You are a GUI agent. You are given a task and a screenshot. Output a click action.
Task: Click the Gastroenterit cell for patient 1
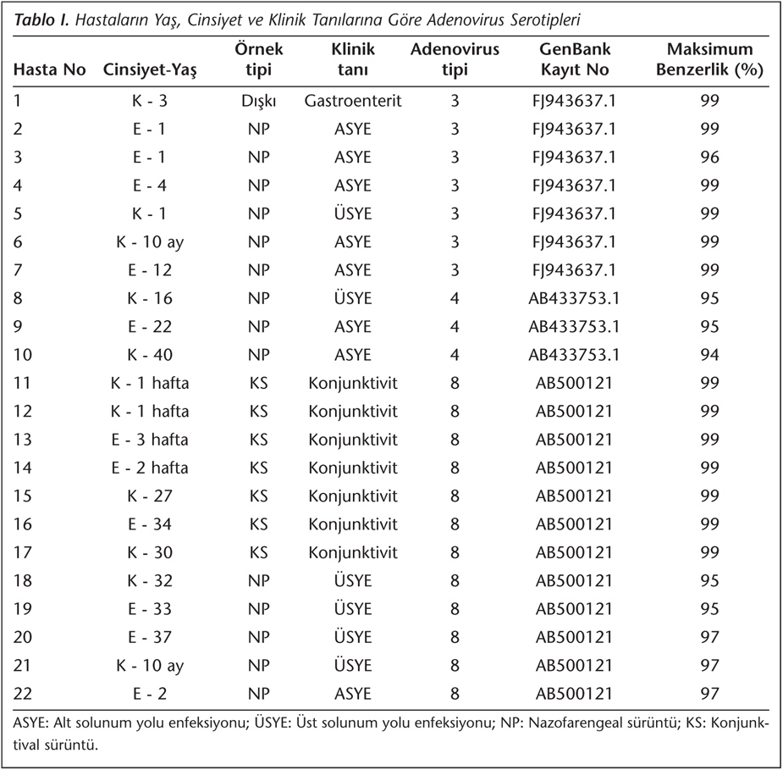coord(352,101)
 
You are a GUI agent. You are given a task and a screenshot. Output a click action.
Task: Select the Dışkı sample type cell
coord(259,102)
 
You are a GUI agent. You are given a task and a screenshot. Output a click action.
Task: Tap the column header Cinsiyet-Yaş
coord(150,70)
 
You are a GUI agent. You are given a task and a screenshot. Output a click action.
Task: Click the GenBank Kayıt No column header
coord(575,59)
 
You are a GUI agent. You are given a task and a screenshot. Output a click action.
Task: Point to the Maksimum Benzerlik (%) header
coord(709,59)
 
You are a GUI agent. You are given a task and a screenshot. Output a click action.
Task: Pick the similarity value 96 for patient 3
coord(709,158)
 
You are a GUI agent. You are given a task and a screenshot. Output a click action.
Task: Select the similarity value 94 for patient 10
coord(709,355)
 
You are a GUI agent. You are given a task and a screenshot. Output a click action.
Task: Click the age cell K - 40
coord(150,355)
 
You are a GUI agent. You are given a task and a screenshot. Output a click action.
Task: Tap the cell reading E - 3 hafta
coord(150,440)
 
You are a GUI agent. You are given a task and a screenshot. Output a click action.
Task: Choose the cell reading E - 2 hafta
coord(150,468)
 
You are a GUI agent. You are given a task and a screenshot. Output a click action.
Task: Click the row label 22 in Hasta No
coord(23,694)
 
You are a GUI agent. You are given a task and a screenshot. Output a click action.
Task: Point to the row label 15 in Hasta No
coord(23,496)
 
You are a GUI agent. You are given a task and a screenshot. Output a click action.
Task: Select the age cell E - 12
coord(150,270)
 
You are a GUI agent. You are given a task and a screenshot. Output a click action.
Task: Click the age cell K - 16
coord(150,298)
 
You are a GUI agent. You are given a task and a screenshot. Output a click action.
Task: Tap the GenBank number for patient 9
coord(574,327)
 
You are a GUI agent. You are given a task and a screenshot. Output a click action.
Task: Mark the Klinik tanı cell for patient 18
coord(353,580)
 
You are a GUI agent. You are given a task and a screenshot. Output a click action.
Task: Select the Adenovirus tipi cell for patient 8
coord(455,298)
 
